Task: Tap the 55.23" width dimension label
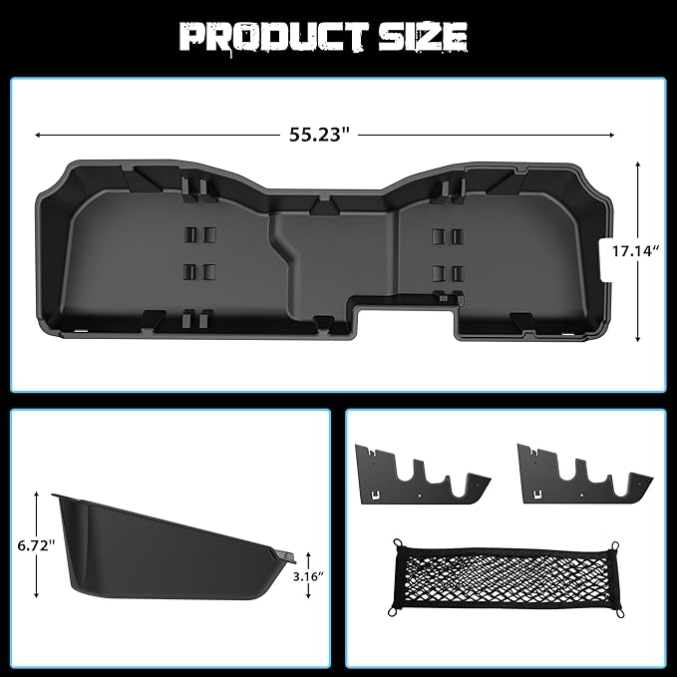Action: point(323,134)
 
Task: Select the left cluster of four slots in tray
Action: point(199,253)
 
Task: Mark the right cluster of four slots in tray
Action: point(446,253)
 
